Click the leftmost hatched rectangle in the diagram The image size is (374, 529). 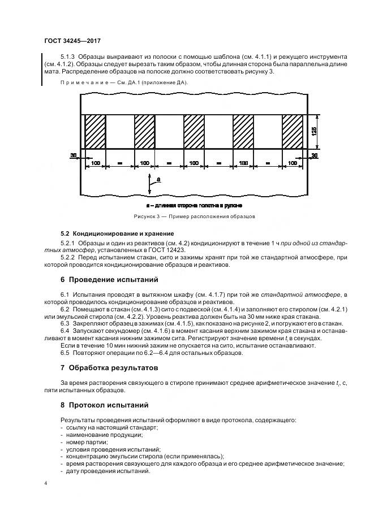tap(95, 132)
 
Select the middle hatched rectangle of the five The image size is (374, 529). tap(194, 132)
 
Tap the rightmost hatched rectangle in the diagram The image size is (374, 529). tap(293, 132)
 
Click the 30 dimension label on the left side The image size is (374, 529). tap(74, 154)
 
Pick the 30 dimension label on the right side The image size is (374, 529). tap(315, 154)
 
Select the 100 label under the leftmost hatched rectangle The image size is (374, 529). tap(95, 163)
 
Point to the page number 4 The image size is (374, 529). tap(45, 484)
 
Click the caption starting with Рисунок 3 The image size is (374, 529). tap(195, 216)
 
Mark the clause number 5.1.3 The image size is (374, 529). tap(67, 58)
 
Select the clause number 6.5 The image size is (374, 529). tap(65, 353)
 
